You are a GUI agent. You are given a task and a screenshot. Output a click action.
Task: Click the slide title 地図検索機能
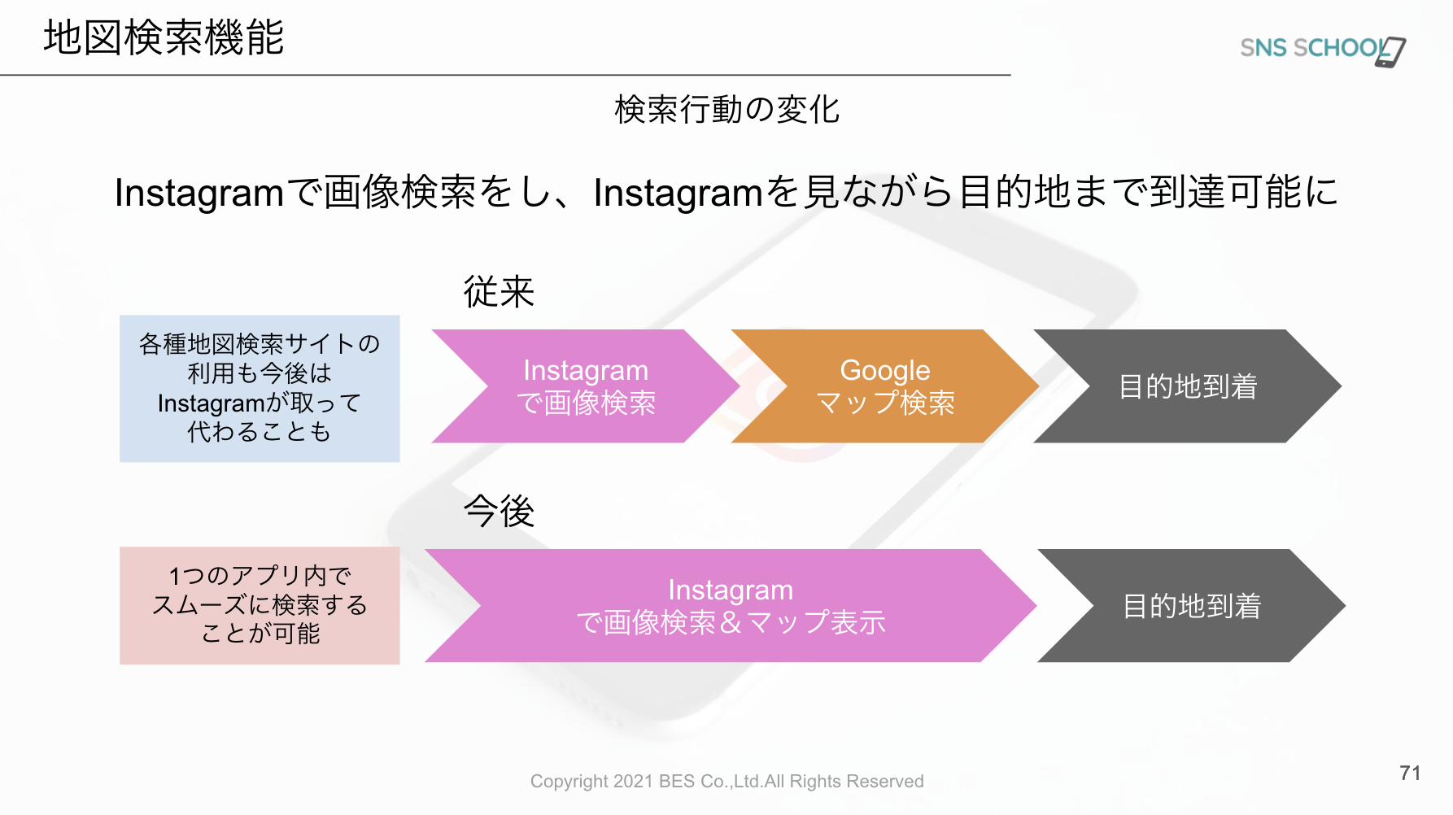pyautogui.click(x=164, y=37)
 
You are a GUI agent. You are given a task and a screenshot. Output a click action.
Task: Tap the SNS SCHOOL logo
pyautogui.click(x=1323, y=50)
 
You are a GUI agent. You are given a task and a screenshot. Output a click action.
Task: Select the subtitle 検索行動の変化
pyautogui.click(x=726, y=110)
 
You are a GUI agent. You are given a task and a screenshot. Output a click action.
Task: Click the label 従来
pyautogui.click(x=499, y=291)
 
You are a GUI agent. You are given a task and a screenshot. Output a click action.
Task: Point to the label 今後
pyautogui.click(x=499, y=511)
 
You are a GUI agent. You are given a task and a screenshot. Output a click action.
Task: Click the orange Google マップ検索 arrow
pyautogui.click(x=885, y=386)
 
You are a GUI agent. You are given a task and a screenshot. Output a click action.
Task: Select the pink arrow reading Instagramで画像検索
pyautogui.click(x=586, y=386)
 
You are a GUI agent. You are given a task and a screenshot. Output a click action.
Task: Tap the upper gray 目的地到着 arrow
pyautogui.click(x=1188, y=386)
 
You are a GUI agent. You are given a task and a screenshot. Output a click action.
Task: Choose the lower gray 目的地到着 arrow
pyautogui.click(x=1191, y=606)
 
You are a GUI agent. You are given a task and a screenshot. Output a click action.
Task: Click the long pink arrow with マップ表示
pyautogui.click(x=731, y=606)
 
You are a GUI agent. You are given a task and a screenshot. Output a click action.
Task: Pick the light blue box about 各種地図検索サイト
pyautogui.click(x=260, y=389)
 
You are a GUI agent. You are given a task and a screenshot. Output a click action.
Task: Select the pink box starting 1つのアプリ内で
pyautogui.click(x=260, y=605)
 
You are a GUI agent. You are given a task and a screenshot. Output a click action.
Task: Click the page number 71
pyautogui.click(x=1410, y=773)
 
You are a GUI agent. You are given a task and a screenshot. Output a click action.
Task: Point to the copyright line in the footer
pyautogui.click(x=726, y=782)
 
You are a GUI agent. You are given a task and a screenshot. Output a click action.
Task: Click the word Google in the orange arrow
pyautogui.click(x=885, y=371)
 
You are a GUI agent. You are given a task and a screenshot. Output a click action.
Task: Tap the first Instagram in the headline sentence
pyautogui.click(x=199, y=194)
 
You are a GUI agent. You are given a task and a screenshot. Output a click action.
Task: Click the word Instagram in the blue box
pyautogui.click(x=211, y=403)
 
